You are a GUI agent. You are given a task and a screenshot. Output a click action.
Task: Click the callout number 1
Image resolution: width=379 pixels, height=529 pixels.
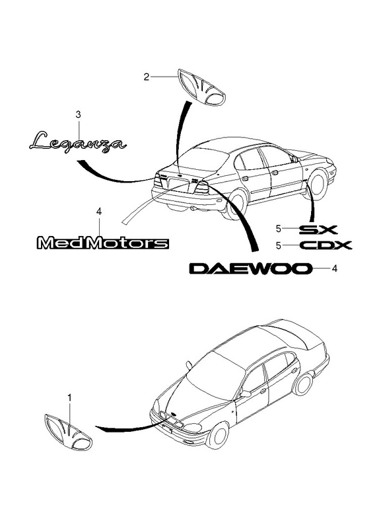pos(69,399)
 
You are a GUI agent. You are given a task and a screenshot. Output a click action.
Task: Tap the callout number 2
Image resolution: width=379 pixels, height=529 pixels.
pos(146,77)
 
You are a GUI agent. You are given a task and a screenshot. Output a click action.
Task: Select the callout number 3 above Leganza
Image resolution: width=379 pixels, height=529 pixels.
pos(78,114)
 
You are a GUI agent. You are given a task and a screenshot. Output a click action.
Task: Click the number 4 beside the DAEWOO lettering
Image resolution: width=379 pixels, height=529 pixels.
pos(334,268)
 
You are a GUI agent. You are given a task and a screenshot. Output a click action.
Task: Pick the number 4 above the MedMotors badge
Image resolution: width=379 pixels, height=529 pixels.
pos(98,211)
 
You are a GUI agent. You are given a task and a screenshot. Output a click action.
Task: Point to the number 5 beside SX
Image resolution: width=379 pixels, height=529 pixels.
pos(278,229)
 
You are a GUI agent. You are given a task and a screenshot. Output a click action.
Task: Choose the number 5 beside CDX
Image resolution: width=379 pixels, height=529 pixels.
pos(278,245)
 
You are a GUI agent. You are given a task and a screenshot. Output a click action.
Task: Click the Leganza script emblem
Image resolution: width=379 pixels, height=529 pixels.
pos(78,143)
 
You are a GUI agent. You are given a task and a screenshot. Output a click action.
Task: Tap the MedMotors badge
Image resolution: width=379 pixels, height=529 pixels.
pos(102,243)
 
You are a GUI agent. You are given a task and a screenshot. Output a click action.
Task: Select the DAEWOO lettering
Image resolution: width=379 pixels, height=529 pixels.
pos(249,268)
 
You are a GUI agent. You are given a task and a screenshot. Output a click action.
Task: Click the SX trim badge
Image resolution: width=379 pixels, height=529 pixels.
pos(318,229)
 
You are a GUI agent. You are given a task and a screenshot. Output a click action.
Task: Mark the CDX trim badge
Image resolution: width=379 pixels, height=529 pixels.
pos(326,245)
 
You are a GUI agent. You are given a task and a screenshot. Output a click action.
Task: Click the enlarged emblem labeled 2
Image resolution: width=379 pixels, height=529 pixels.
pos(202,87)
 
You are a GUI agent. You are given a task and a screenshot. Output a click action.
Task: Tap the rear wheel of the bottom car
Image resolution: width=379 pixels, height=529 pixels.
pos(302,385)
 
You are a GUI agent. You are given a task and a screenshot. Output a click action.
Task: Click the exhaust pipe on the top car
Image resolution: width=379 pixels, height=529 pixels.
pos(194,209)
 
